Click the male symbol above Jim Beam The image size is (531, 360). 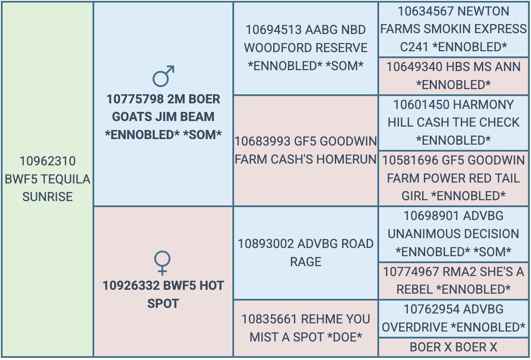pos(164,76)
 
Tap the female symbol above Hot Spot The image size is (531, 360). pos(162,263)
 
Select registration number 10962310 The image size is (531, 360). pos(48,161)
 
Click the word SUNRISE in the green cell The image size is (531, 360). pos(47,197)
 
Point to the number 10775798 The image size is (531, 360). pos(135,99)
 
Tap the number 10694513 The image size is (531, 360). pos(273,30)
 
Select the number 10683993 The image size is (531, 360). pos(262,141)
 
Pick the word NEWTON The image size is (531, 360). pos(483,11)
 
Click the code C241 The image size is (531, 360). pos(414,47)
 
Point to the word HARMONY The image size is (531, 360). pos(484,105)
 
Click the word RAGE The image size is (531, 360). pos(306,262)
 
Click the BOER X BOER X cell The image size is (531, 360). pos(454,347)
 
